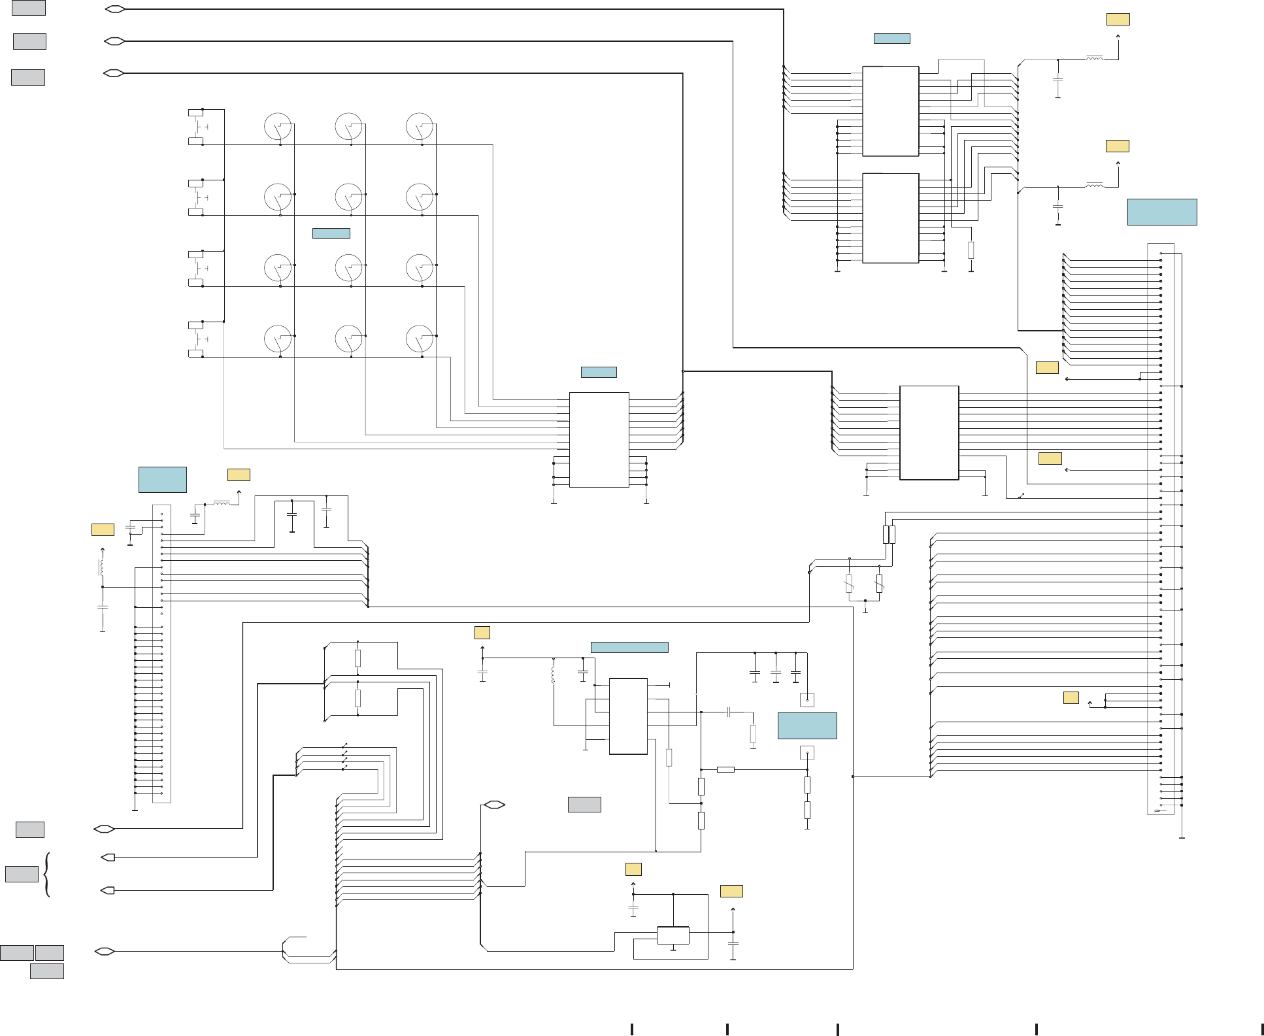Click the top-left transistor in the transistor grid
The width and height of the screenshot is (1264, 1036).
[x=278, y=126]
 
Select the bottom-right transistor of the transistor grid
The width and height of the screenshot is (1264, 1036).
[x=420, y=339]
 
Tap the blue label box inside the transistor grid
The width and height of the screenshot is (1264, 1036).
[x=331, y=233]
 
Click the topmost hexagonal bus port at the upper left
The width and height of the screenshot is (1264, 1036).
[x=115, y=9]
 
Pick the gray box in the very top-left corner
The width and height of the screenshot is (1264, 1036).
[x=29, y=7]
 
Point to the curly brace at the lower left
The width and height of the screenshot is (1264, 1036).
[x=47, y=874]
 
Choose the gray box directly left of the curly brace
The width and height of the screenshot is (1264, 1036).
[x=22, y=874]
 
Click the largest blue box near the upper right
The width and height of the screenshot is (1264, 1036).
[x=1161, y=212]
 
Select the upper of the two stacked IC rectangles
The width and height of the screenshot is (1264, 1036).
[x=890, y=111]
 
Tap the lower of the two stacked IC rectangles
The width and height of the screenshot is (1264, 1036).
[x=890, y=218]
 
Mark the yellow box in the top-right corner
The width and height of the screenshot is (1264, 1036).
[x=1118, y=20]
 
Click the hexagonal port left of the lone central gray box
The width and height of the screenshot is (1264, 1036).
[x=494, y=805]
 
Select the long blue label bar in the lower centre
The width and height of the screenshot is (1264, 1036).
[x=629, y=647]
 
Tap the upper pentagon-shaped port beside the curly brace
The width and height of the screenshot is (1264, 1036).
[x=108, y=857]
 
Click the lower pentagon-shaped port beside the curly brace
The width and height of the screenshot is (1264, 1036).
[x=108, y=890]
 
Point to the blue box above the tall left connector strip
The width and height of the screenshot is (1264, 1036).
[x=162, y=479]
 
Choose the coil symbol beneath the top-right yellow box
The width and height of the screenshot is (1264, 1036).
[x=1094, y=59]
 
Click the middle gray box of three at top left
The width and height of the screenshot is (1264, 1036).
[x=29, y=41]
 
